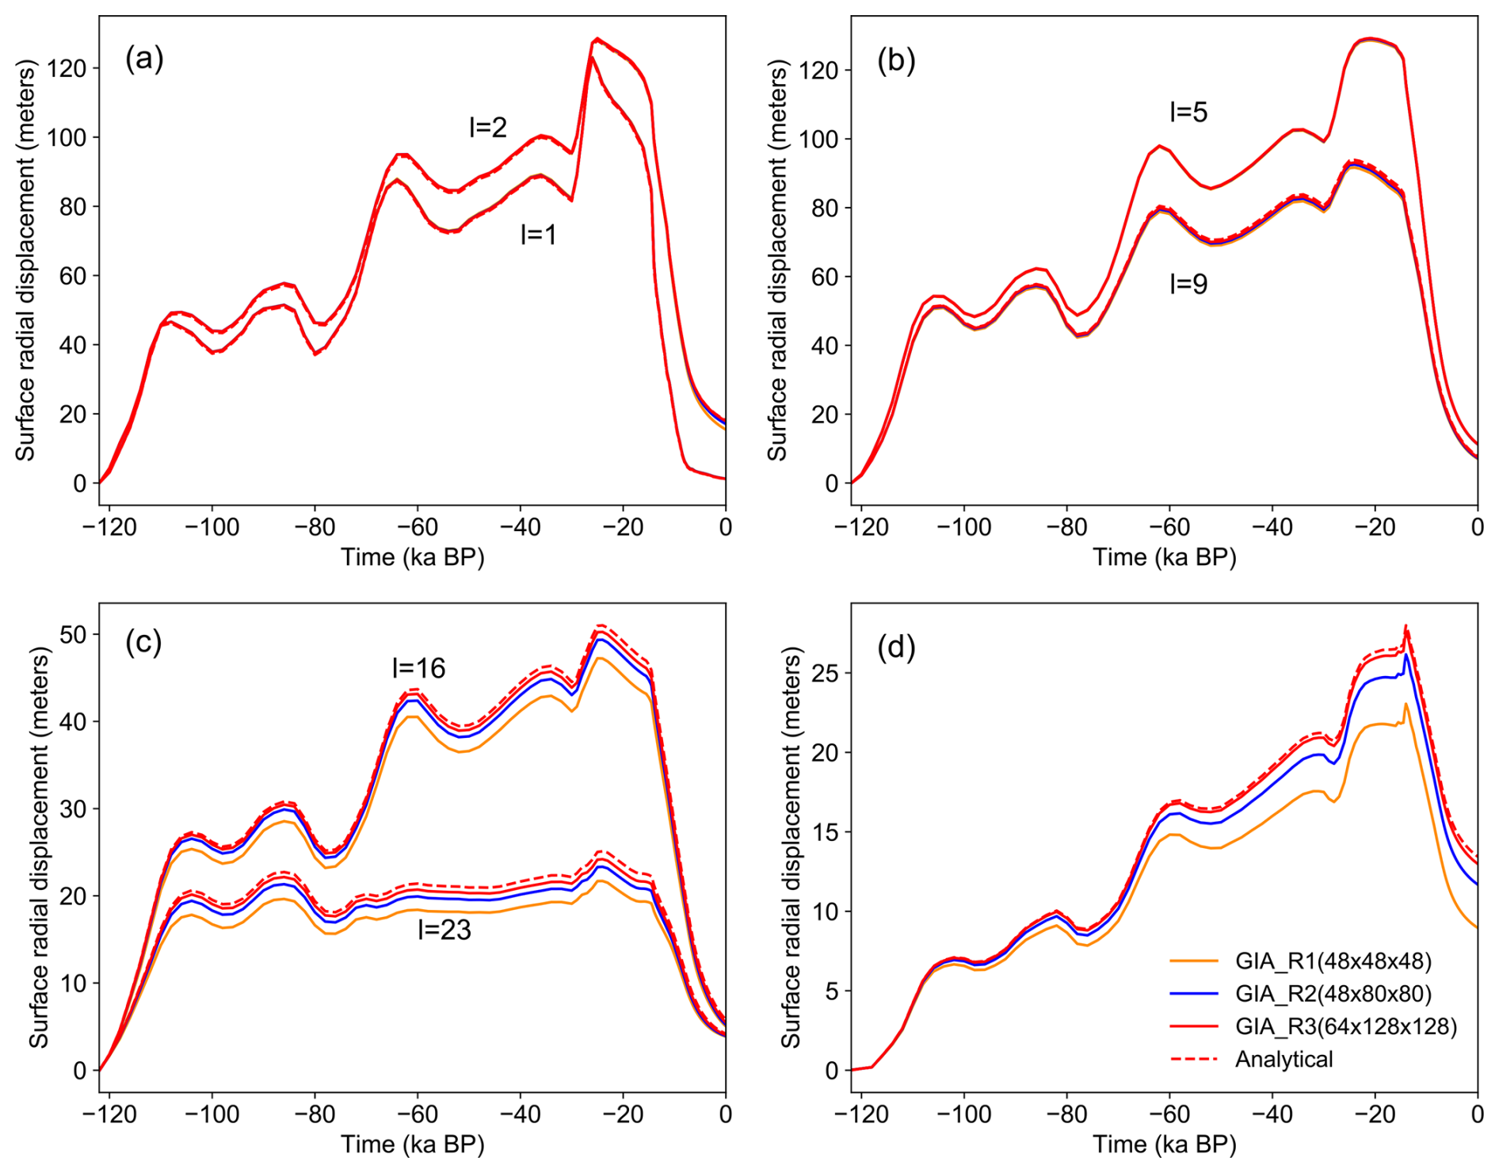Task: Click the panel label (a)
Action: point(144,59)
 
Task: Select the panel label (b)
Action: point(896,60)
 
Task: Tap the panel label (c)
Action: point(143,642)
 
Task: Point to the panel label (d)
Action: point(896,648)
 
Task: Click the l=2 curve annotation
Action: point(487,127)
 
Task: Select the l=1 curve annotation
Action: point(538,234)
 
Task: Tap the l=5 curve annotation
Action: point(1188,113)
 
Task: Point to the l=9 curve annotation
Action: point(1188,284)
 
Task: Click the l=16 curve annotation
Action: point(418,668)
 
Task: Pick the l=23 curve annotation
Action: point(444,930)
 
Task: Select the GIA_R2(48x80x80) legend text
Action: point(1333,994)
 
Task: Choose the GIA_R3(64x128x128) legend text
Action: point(1346,1026)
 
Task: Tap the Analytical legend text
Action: point(1283,1059)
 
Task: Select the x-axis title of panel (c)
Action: point(412,1144)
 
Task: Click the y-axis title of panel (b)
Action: point(777,261)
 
